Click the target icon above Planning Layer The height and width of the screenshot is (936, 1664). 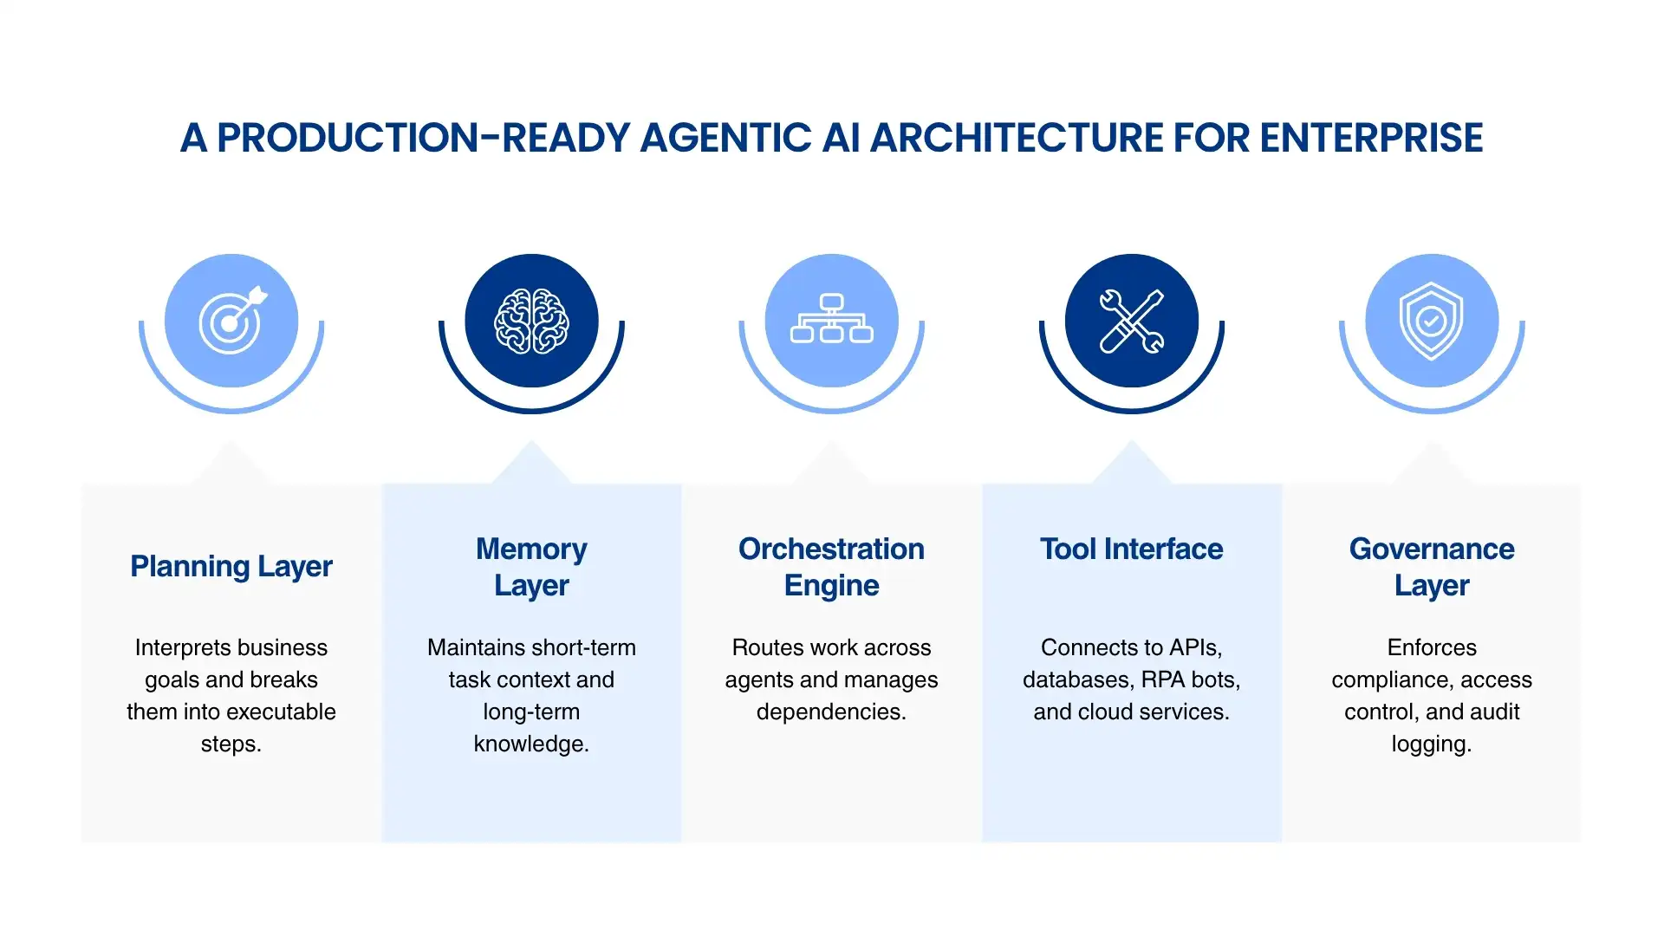tap(231, 321)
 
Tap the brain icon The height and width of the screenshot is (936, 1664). tap(531, 321)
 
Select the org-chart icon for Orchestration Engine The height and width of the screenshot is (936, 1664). tap(831, 321)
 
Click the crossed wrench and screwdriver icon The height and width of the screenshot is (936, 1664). tap(1131, 321)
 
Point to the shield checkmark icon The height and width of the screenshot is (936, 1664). tap(1431, 321)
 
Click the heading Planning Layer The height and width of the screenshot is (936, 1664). tap(231, 566)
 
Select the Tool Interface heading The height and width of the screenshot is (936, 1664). tap(1131, 549)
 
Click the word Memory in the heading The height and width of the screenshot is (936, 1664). tap(531, 549)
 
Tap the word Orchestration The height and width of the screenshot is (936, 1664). tap(831, 549)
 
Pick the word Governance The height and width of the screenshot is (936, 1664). tap(1431, 549)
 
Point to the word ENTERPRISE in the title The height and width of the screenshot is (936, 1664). tap(1371, 138)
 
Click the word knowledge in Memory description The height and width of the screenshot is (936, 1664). tap(530, 744)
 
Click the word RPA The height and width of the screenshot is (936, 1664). tap(1164, 679)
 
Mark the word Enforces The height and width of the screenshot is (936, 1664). tap(1431, 647)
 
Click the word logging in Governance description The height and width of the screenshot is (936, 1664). tap(1430, 744)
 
